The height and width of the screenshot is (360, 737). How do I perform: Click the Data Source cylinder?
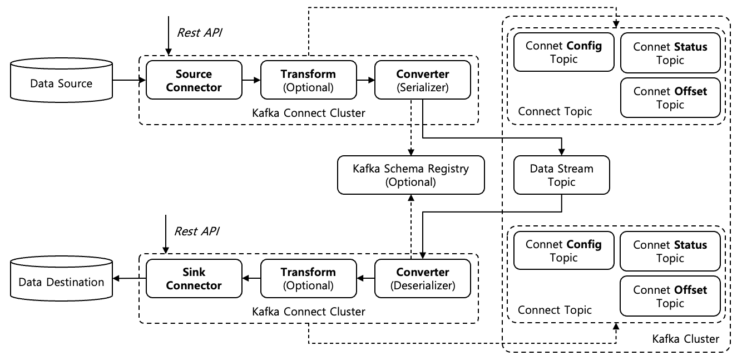point(61,83)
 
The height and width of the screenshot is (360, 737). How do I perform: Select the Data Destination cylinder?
point(61,282)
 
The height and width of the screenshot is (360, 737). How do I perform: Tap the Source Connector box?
point(194,81)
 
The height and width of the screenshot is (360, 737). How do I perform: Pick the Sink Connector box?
point(194,279)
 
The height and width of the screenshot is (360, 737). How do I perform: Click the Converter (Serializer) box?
point(423,81)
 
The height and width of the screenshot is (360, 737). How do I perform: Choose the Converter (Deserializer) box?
point(423,279)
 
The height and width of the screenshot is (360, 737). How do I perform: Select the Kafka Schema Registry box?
point(411,175)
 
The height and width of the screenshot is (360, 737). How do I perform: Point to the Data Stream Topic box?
point(561,175)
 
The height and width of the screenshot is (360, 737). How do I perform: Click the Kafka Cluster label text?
point(685,339)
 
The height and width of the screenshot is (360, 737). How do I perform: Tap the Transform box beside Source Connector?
point(308,81)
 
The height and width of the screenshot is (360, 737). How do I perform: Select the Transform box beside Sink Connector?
point(308,279)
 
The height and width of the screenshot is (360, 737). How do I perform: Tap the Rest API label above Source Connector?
point(199,32)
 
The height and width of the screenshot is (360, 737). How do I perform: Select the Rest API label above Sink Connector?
point(196,231)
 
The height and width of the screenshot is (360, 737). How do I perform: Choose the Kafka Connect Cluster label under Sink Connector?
point(309,312)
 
